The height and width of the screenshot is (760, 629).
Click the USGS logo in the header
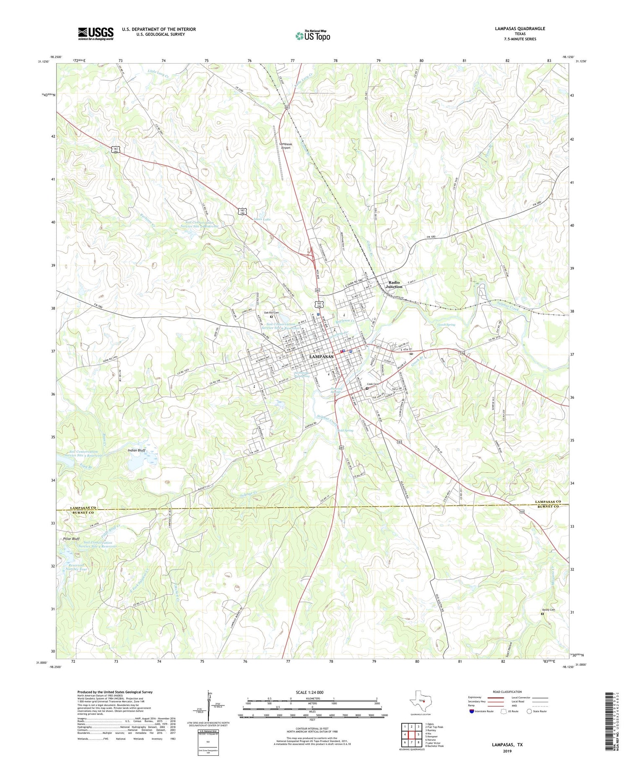pyautogui.click(x=96, y=34)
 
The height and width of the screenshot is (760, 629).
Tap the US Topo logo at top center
pyautogui.click(x=312, y=36)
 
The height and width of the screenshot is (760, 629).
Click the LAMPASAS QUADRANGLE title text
pyautogui.click(x=520, y=29)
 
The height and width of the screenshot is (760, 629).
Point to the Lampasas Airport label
pyautogui.click(x=286, y=145)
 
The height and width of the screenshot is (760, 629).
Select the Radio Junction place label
pyautogui.click(x=395, y=284)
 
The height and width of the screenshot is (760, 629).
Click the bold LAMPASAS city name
pyautogui.click(x=321, y=356)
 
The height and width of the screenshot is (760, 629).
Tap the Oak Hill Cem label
pyautogui.click(x=271, y=313)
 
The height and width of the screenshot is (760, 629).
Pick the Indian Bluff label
pyautogui.click(x=136, y=450)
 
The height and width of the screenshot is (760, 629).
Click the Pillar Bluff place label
pyautogui.click(x=70, y=539)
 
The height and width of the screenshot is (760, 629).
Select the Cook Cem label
pyautogui.click(x=373, y=384)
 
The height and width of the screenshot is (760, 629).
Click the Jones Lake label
pyautogui.click(x=262, y=219)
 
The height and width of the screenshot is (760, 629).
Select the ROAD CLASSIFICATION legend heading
pyautogui.click(x=507, y=692)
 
